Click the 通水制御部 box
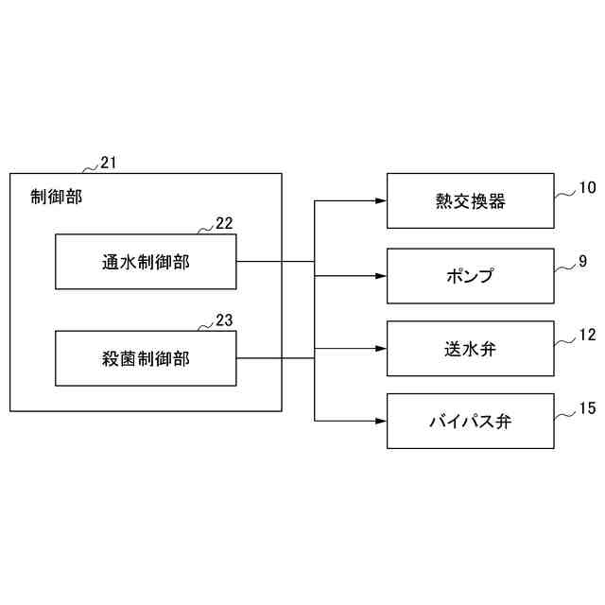click(146, 262)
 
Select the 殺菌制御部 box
click(146, 358)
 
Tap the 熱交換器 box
click(470, 200)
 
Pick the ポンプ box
click(470, 276)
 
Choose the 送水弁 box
click(470, 349)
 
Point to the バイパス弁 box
click(470, 421)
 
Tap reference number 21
click(109, 163)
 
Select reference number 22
click(224, 223)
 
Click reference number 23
click(224, 320)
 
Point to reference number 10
click(587, 187)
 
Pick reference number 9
click(583, 260)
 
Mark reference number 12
click(587, 335)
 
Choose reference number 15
click(587, 408)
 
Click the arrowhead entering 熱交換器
click(381, 200)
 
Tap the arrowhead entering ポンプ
click(381, 276)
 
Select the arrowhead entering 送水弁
click(381, 348)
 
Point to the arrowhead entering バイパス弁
click(381, 421)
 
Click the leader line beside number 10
click(564, 193)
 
